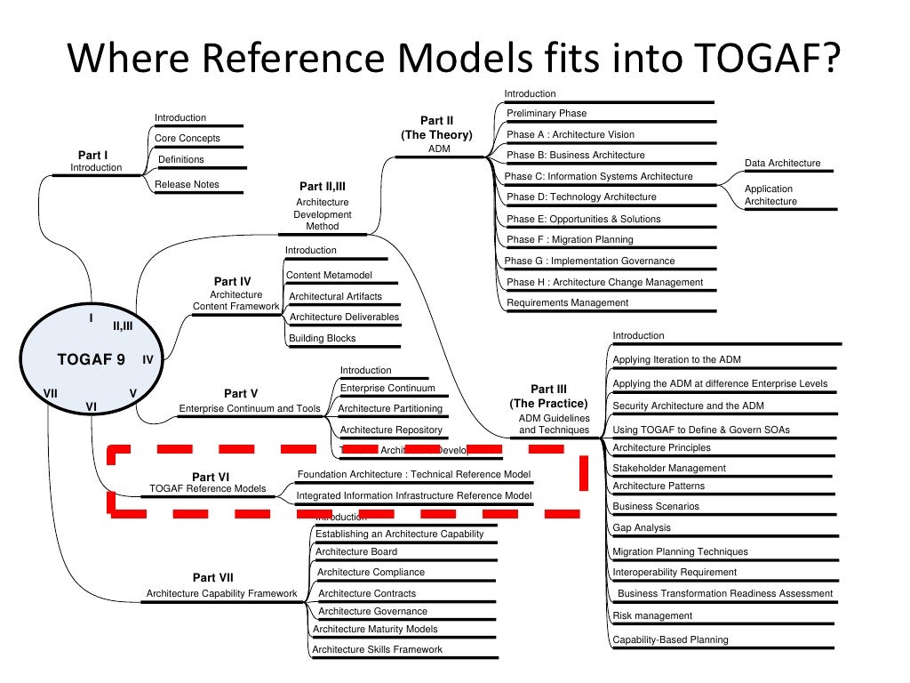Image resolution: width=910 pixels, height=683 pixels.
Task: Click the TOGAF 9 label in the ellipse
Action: click(x=91, y=359)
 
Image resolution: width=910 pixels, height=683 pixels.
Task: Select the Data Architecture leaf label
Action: click(x=782, y=163)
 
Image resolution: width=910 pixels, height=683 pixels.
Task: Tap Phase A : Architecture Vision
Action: click(x=570, y=134)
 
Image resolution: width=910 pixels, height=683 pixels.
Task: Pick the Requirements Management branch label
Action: click(x=567, y=302)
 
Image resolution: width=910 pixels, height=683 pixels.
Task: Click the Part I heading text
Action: click(x=92, y=155)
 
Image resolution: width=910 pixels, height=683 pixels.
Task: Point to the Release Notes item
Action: click(x=187, y=184)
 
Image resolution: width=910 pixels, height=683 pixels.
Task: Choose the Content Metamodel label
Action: click(x=329, y=275)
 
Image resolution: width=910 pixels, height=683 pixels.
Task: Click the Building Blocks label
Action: click(x=322, y=338)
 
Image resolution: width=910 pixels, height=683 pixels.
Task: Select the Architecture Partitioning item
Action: click(x=389, y=408)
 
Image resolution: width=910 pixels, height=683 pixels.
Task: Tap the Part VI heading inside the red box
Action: click(x=211, y=477)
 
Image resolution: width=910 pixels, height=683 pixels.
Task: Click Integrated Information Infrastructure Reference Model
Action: click(x=414, y=495)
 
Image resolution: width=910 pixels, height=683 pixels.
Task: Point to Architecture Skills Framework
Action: click(x=377, y=649)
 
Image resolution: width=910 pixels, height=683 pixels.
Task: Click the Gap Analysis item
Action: click(x=641, y=527)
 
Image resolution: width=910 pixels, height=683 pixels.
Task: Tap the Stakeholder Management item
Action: click(x=668, y=468)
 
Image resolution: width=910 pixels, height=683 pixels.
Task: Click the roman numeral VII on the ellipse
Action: click(x=51, y=392)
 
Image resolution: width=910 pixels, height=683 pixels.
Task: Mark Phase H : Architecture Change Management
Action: click(x=604, y=282)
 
